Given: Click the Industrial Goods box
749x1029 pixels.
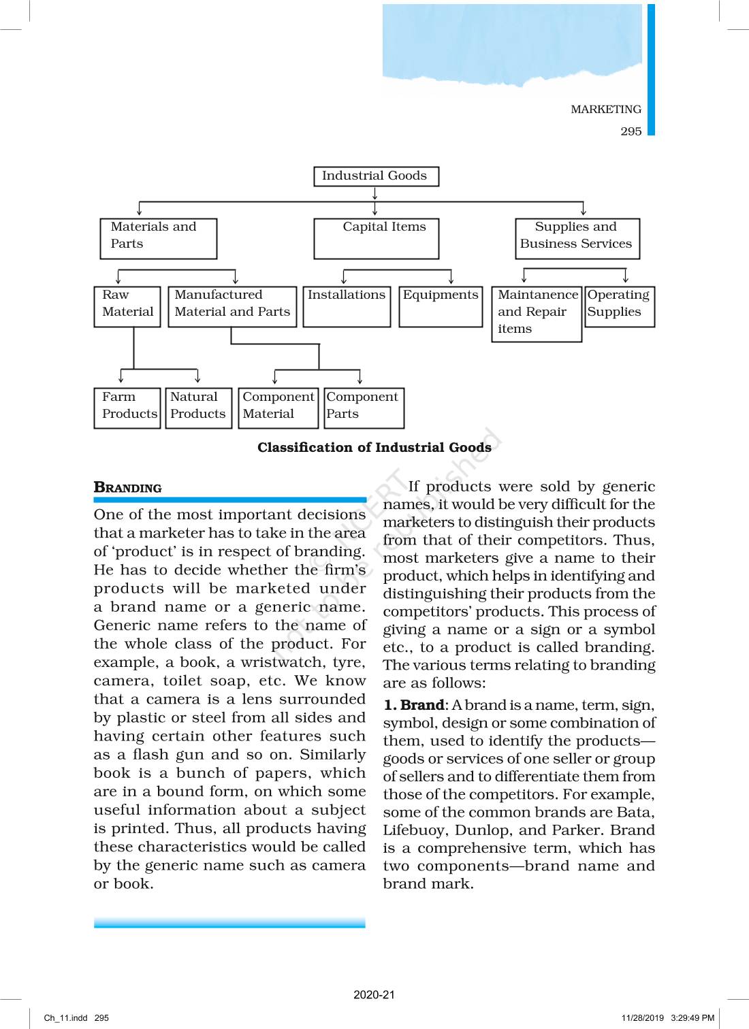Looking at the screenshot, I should pos(376,176).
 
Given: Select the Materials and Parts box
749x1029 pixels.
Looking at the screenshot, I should pos(159,238).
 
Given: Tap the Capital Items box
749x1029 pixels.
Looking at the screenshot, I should pos(376,238).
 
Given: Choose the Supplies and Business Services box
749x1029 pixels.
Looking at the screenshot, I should pos(577,238).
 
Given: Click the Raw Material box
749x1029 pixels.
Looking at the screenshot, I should pos(127,306).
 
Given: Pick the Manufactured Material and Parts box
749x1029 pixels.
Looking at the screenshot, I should pos(232,306).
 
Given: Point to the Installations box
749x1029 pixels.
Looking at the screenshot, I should pos(347,306).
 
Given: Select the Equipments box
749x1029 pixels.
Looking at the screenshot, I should pos(441,306).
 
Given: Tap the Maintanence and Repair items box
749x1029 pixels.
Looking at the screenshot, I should pos(537,314).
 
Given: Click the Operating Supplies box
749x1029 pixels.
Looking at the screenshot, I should pos(620,306).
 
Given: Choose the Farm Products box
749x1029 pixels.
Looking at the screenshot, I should pos(127,408).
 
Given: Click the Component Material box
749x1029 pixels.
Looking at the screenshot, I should pos(278,408).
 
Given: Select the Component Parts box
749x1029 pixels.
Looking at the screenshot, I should pos(364,408).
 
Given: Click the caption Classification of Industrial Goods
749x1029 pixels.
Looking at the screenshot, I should pos(374,447).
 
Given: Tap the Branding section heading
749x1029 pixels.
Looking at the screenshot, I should pos(128,487).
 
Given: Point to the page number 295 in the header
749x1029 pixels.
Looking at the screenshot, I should pos(631,131).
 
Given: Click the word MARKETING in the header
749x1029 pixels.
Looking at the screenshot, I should pos(605,110).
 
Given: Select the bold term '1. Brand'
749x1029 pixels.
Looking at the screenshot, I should pos(413,705).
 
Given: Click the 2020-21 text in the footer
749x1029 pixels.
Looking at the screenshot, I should pos(374,994).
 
